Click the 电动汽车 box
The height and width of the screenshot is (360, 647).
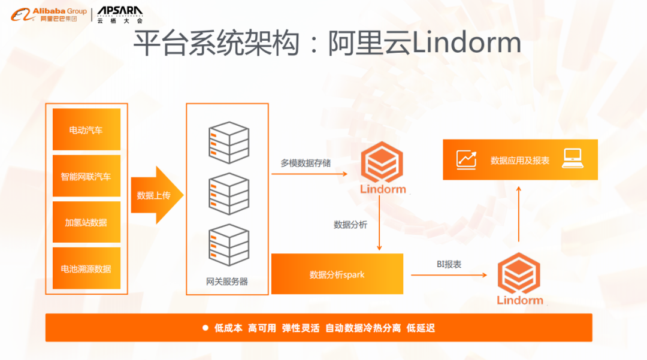(86, 129)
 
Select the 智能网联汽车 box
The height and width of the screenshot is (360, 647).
(86, 176)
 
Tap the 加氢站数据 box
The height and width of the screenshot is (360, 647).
(86, 222)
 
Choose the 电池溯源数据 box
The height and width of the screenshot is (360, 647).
(86, 268)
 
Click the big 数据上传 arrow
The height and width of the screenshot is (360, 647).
(156, 195)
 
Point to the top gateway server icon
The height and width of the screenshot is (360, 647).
(228, 143)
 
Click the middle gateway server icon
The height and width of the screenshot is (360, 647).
(228, 193)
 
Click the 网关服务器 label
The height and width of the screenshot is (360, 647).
(227, 281)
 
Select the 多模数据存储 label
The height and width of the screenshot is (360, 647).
(306, 162)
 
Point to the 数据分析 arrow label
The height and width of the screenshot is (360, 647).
(350, 225)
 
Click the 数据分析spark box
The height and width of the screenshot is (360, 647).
(337, 274)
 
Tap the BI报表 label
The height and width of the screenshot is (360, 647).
(449, 264)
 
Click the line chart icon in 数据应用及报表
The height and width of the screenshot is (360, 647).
(467, 159)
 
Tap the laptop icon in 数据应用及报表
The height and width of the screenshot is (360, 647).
(573, 159)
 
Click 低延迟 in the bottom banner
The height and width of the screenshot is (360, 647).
(421, 328)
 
